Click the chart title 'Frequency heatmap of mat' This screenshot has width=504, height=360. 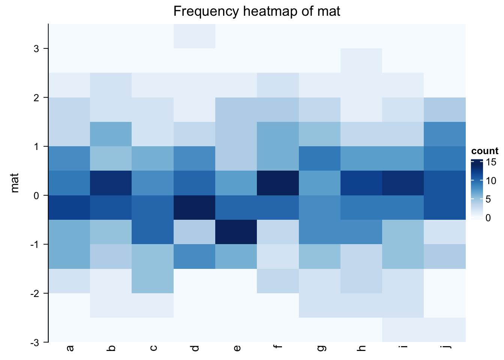[x=257, y=11]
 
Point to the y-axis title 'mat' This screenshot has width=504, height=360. [x=15, y=183]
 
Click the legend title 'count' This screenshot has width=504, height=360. [x=485, y=151]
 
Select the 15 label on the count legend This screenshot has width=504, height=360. [x=491, y=162]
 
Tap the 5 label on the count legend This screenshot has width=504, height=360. [x=488, y=199]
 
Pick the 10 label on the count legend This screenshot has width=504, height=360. [x=491, y=180]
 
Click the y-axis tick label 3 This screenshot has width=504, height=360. [x=36, y=48]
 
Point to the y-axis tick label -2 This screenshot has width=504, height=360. [x=34, y=293]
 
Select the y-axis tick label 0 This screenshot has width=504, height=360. [x=36, y=195]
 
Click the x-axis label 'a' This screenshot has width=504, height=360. [x=70, y=348]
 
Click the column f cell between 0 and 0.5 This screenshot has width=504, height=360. [x=278, y=183]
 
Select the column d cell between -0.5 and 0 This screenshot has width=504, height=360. [x=194, y=207]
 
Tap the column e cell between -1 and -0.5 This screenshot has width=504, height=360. [x=236, y=232]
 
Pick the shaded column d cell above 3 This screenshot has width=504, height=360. [x=194, y=36]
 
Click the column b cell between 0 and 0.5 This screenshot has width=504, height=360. [x=111, y=183]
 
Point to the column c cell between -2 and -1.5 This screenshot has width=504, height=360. [x=153, y=281]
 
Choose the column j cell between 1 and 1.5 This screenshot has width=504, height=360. [x=445, y=134]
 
